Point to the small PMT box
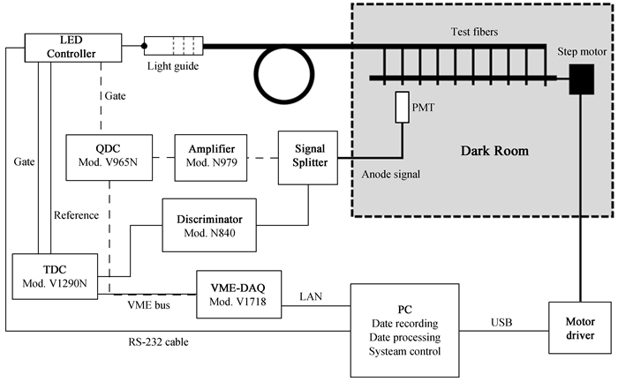coord(403,109)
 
